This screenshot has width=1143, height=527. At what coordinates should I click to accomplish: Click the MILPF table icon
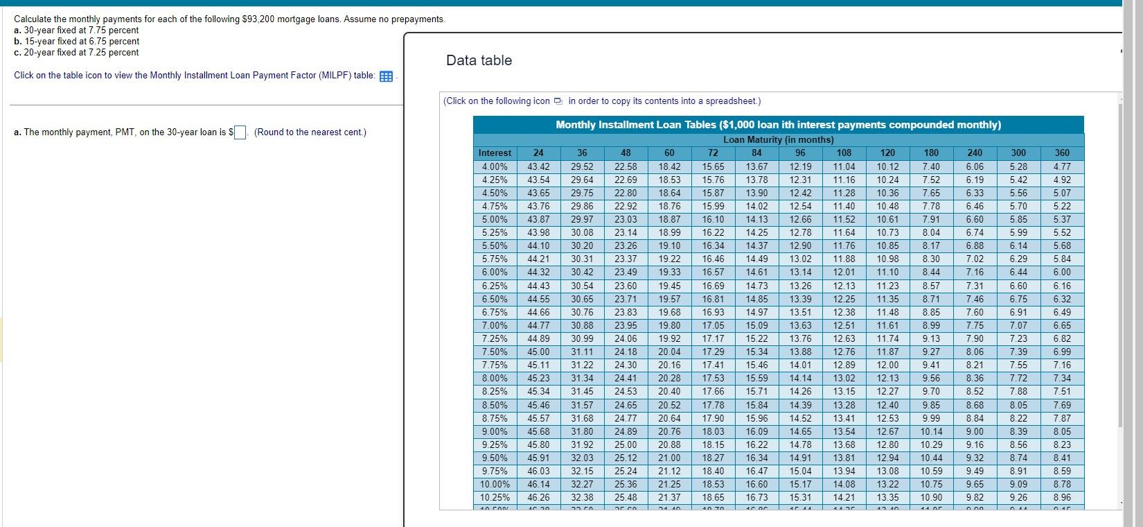click(x=387, y=76)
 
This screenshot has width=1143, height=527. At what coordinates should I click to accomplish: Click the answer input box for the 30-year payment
click(x=240, y=132)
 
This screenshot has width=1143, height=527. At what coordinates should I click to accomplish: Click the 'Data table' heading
click(x=479, y=60)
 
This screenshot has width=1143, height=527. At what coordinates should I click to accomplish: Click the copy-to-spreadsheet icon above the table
click(x=558, y=101)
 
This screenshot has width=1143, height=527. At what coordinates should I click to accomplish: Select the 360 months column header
click(x=1061, y=153)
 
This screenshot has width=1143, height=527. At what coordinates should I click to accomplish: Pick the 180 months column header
click(x=931, y=153)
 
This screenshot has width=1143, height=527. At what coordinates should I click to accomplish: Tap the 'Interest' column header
click(x=495, y=153)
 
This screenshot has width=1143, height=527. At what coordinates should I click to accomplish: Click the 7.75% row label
click(x=495, y=365)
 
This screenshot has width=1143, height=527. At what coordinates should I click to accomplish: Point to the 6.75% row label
click(x=495, y=312)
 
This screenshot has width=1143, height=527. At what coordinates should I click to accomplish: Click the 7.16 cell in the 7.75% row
click(x=1061, y=365)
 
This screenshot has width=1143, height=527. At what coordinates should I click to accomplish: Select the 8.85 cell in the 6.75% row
click(x=931, y=312)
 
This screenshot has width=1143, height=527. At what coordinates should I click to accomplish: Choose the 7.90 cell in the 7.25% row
click(x=975, y=339)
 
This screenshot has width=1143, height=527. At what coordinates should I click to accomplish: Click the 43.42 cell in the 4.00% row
click(x=538, y=166)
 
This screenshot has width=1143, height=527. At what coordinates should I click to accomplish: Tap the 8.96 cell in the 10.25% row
click(x=1061, y=498)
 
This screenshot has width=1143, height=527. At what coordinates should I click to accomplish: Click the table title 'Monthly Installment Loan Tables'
click(x=778, y=125)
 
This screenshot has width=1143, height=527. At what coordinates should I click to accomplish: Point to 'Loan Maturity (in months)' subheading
click(x=778, y=139)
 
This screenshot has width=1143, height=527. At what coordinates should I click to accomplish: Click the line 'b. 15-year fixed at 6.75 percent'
click(x=76, y=42)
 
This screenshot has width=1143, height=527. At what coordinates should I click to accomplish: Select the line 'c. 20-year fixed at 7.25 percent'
click(x=76, y=53)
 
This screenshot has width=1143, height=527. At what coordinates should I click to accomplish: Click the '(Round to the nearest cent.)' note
click(x=310, y=132)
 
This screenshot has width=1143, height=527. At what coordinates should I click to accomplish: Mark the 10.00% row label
click(x=495, y=485)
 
